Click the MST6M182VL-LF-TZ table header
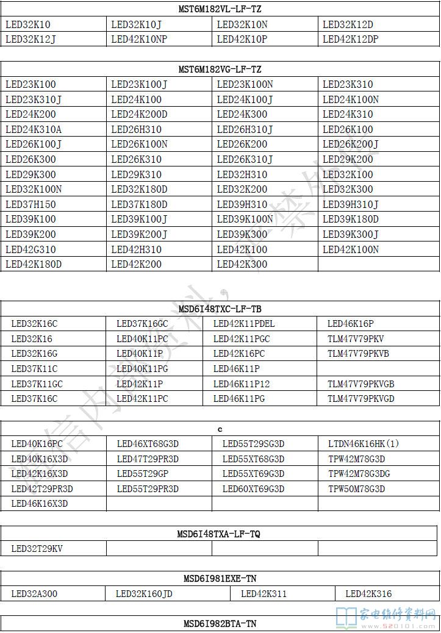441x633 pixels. pos(220,10)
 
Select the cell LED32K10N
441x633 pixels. pos(242,25)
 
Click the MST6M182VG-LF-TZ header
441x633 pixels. pos(220,70)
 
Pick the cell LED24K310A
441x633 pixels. pos(34,129)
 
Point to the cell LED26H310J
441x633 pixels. pos(245,129)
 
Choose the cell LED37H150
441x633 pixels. pos(30,204)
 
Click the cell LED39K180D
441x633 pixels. pos(350,219)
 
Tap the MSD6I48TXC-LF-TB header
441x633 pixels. pos(220,309)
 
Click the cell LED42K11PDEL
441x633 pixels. pos(244,324)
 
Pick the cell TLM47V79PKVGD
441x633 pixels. pos(360,399)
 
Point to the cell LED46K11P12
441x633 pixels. pos(241,384)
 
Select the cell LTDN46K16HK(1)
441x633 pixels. pos(363,444)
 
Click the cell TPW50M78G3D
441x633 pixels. pos(356,489)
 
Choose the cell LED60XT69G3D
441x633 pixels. pos(253,489)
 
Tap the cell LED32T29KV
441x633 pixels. pos(37,549)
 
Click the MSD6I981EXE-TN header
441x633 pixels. pos(220,578)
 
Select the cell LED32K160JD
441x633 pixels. pos(143,593)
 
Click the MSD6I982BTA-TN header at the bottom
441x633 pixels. pos(220,624)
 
